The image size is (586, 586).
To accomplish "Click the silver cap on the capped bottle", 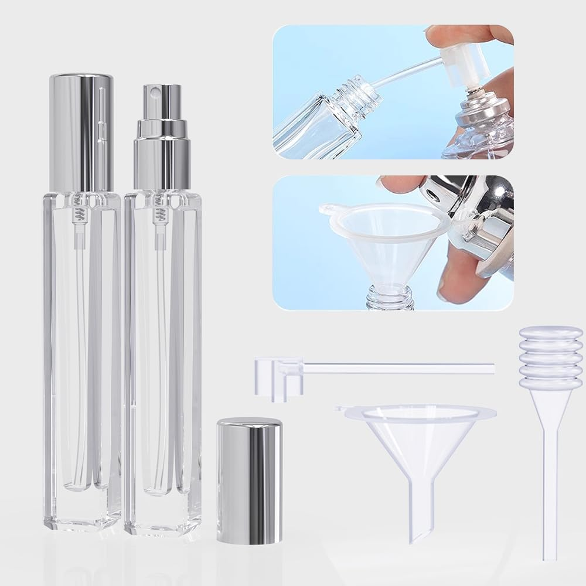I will click(x=81, y=132).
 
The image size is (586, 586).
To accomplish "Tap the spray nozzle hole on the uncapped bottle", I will click(x=156, y=93).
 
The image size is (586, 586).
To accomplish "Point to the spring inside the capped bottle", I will click(x=81, y=214).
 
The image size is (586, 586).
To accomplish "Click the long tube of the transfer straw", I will click(x=398, y=369).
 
